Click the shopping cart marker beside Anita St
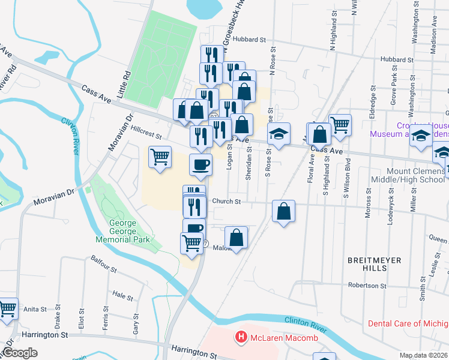point(7,308)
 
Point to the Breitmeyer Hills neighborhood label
point(367,264)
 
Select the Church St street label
point(226,202)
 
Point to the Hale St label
point(122,295)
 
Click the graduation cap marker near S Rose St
point(278,134)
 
